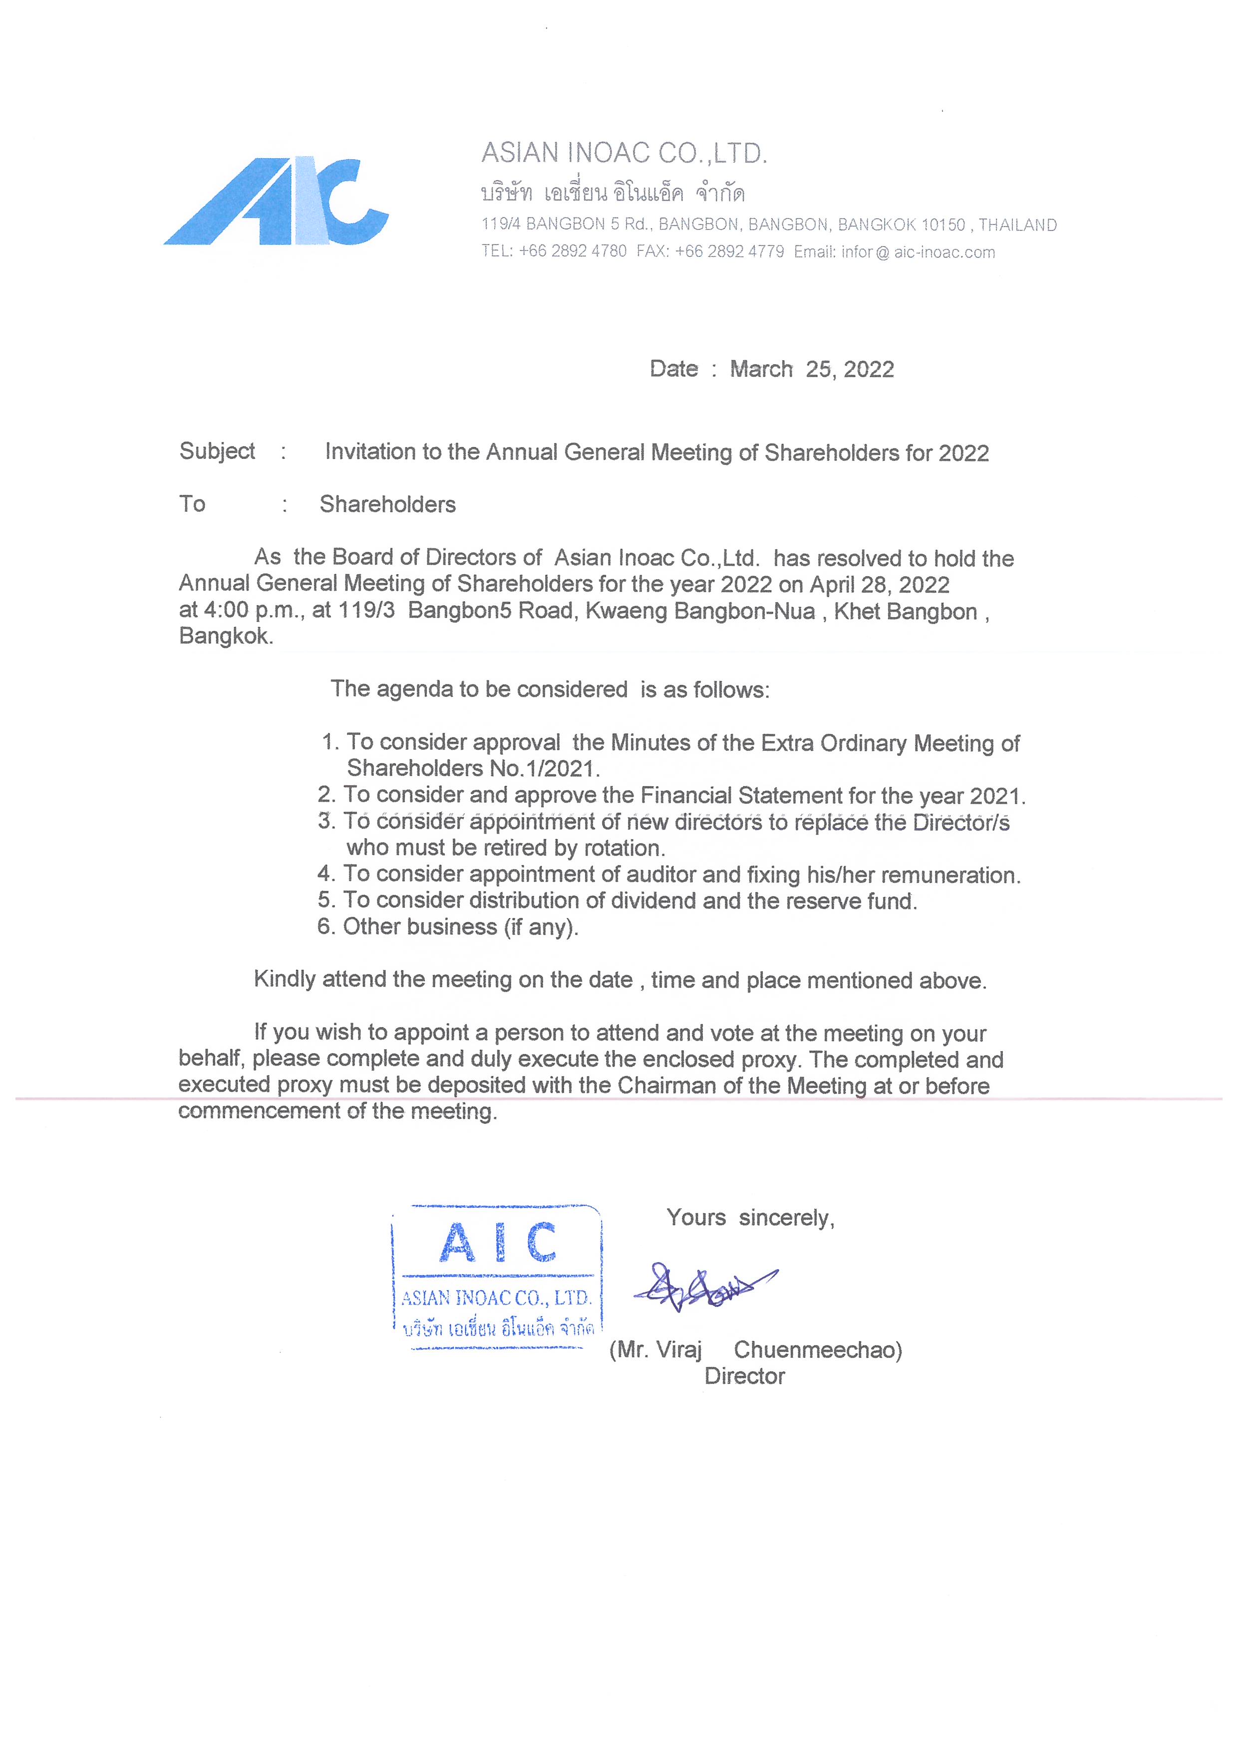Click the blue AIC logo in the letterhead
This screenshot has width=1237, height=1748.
tap(276, 202)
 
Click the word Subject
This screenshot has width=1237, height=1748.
tap(217, 451)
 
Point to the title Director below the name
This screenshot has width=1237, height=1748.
tap(744, 1376)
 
